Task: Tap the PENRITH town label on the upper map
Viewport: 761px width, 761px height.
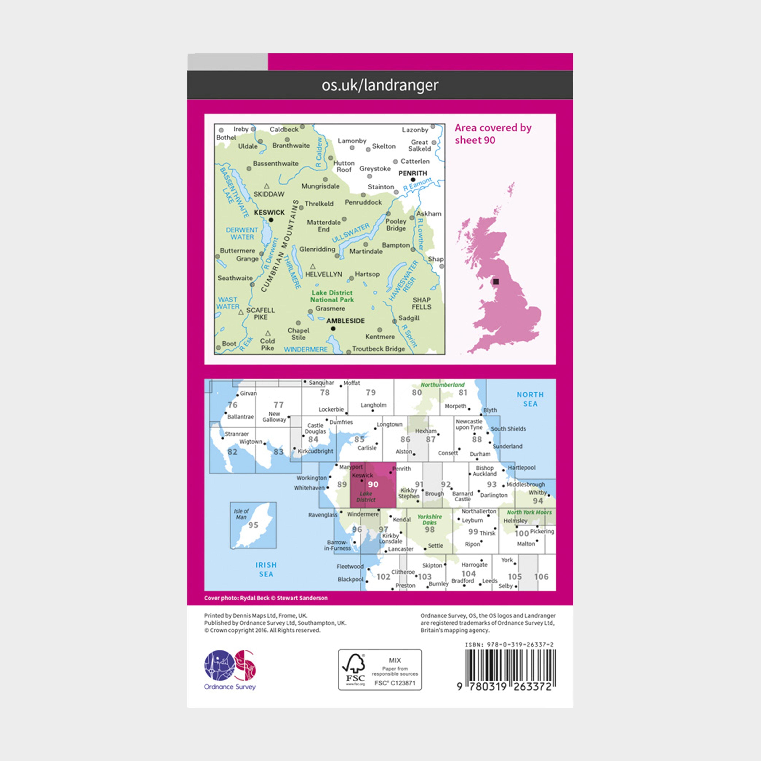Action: click(412, 173)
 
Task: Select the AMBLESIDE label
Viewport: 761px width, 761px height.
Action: click(345, 321)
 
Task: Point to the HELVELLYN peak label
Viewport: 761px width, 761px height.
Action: click(324, 274)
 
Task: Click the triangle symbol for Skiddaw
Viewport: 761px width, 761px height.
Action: click(267, 186)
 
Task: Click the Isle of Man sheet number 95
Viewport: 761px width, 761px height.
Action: click(253, 525)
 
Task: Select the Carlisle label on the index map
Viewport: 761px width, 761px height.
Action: click(367, 448)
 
